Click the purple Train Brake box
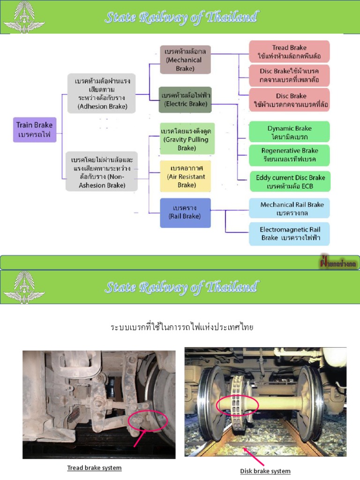(x=35, y=130)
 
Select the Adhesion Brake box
(x=102, y=93)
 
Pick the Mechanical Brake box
(x=185, y=60)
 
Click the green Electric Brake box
(x=185, y=99)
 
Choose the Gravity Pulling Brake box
(x=187, y=139)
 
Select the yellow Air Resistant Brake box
(x=186, y=176)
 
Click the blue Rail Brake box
(x=185, y=212)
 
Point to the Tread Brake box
(x=289, y=52)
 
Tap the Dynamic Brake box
(x=289, y=132)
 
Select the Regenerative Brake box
(x=289, y=155)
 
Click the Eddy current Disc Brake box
(x=290, y=181)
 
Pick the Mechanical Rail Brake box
(x=289, y=209)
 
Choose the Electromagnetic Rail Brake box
(x=289, y=233)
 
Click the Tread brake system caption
(x=94, y=468)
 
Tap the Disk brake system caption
(x=265, y=471)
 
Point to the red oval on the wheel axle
(x=237, y=405)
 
